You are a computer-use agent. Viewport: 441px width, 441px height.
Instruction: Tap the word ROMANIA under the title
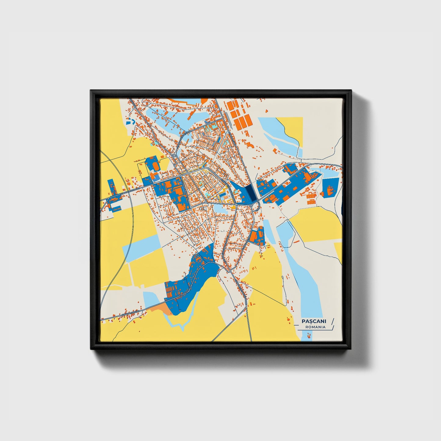point(315,327)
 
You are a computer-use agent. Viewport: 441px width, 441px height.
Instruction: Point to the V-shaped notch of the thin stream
point(182,329)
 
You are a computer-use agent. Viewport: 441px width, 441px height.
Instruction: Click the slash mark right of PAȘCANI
point(332,321)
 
